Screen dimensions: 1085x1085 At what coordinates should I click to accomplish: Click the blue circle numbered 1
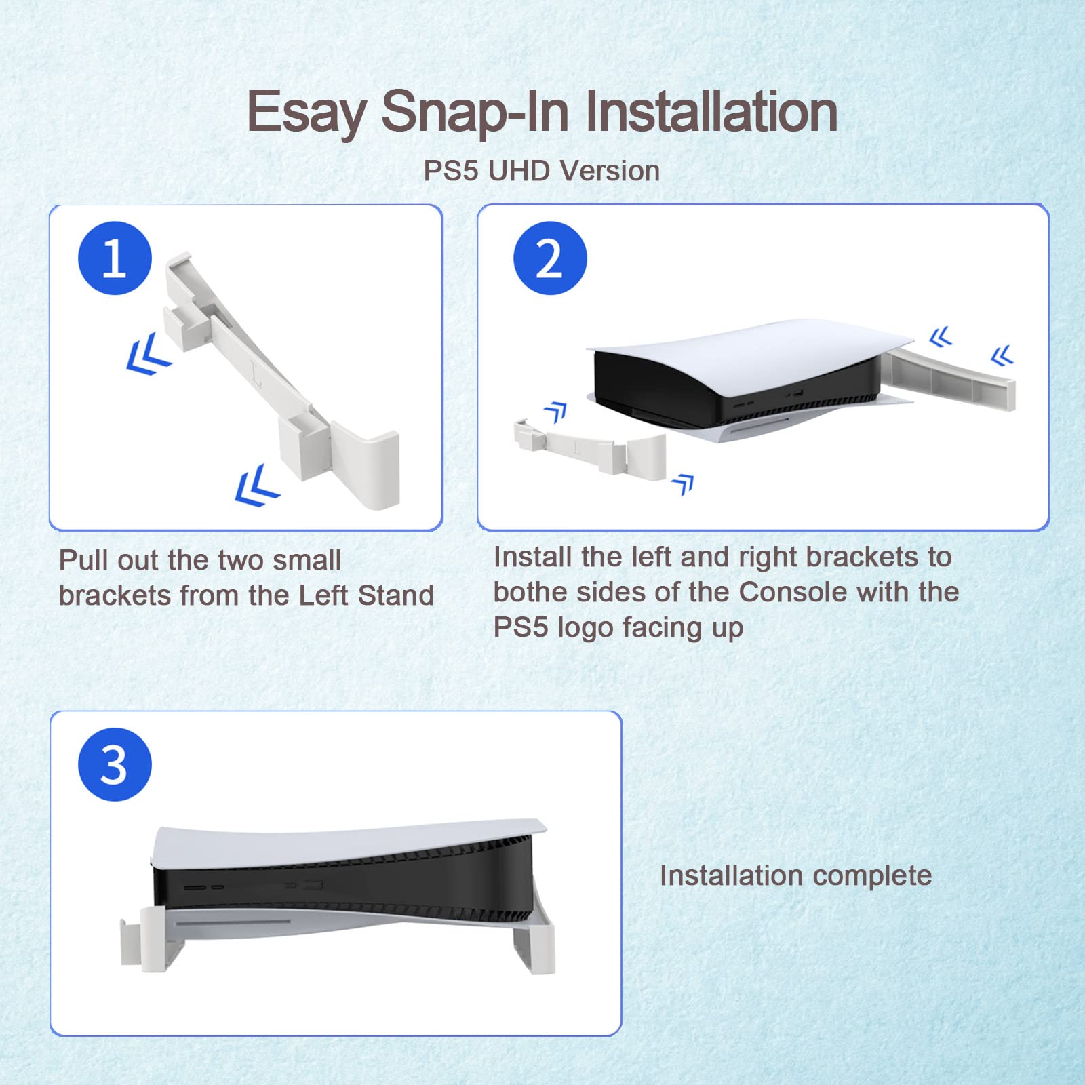115,258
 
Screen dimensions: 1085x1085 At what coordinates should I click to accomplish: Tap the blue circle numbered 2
550,258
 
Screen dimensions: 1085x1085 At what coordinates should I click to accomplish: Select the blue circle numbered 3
115,764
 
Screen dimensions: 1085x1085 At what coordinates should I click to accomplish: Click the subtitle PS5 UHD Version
541,171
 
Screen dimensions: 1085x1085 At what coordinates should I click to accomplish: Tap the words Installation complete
795,875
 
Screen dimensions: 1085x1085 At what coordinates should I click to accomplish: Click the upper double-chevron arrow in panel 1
149,353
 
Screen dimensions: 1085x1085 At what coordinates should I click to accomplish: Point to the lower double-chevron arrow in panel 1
256,485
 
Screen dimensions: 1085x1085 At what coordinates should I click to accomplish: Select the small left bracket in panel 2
589,447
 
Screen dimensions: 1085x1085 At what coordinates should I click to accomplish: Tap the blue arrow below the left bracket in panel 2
684,484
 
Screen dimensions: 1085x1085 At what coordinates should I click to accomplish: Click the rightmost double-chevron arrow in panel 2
1002,355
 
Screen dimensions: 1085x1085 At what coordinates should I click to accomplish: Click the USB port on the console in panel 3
313,886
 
